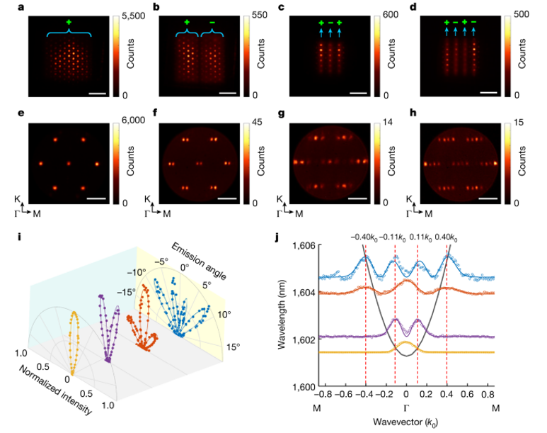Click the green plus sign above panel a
pos(69,23)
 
